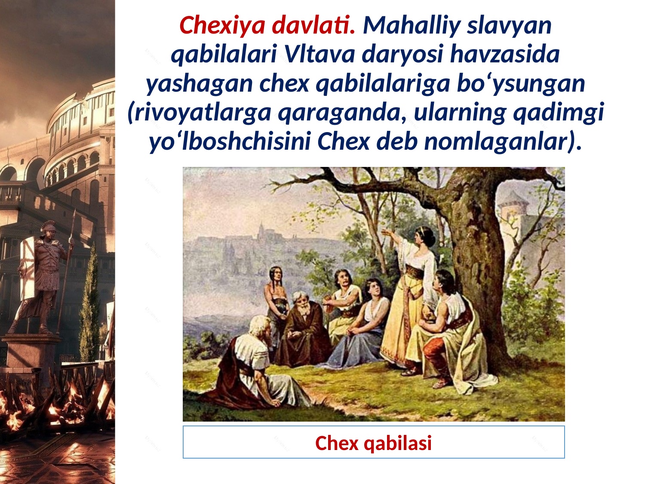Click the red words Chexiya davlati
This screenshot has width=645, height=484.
(x=267, y=25)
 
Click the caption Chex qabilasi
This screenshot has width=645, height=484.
(x=373, y=443)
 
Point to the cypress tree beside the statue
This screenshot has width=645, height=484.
(x=90, y=301)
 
